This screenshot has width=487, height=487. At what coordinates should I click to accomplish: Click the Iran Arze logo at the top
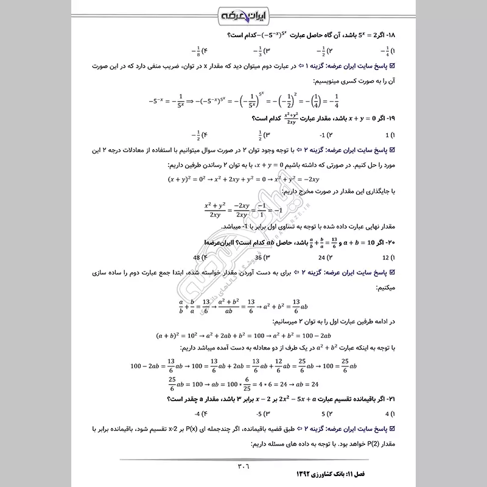click(x=243, y=15)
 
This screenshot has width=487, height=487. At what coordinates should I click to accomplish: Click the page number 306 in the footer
click(x=243, y=466)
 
